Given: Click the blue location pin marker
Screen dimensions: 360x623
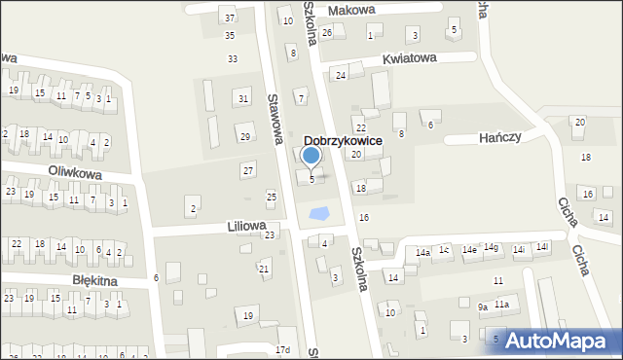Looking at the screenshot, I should click(x=311, y=155).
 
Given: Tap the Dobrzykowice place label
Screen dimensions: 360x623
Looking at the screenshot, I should click(x=341, y=141).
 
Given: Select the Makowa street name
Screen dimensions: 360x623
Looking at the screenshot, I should click(x=351, y=10).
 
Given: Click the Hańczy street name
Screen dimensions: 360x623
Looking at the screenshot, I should click(x=500, y=138).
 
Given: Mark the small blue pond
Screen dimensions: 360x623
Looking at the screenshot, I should click(x=316, y=213).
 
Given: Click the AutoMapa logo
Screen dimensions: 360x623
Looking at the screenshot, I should click(x=562, y=341).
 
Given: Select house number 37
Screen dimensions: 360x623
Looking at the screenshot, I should click(x=230, y=18).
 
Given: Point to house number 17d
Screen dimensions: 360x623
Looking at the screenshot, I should click(x=283, y=350).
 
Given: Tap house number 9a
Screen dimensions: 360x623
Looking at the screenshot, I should click(x=482, y=306).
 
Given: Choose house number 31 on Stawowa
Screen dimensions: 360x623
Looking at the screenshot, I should click(x=243, y=99).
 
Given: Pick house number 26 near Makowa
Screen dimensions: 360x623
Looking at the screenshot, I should click(x=327, y=33).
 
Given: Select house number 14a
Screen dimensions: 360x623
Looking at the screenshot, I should click(x=422, y=253).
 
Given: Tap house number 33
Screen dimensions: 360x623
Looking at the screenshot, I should click(x=233, y=59).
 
